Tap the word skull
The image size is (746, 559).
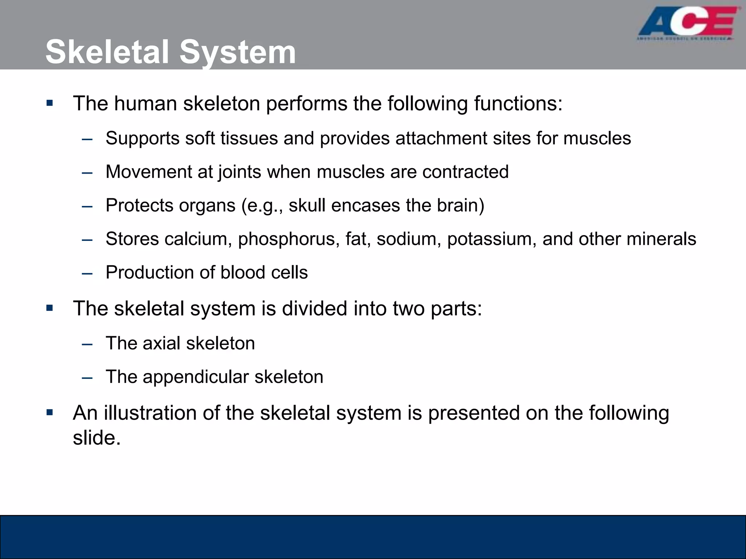(x=307, y=205)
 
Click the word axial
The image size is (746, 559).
(x=161, y=343)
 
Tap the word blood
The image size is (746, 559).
(x=243, y=273)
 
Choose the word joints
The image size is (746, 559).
(x=239, y=172)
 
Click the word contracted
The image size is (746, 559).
(x=465, y=172)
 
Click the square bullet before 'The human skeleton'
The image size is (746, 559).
(x=50, y=103)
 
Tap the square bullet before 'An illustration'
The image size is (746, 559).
(x=50, y=413)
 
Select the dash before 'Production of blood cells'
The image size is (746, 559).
(x=87, y=273)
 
